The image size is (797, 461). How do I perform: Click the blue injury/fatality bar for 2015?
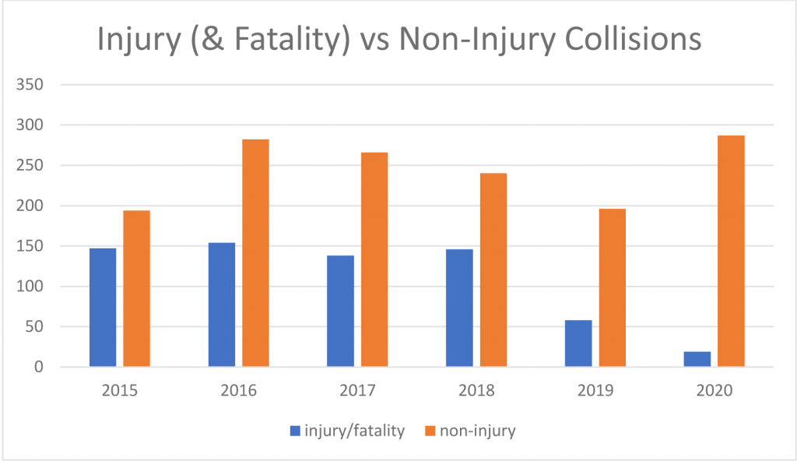(103, 308)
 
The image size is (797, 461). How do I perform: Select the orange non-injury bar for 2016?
(255, 253)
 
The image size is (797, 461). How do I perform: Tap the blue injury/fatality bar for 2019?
(578, 343)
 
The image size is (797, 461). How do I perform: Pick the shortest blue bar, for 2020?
(697, 359)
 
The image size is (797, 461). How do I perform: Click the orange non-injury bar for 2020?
(731, 252)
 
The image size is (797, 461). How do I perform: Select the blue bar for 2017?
(340, 311)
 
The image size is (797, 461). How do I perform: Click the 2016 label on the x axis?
(238, 389)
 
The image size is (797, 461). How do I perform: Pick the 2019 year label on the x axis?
(595, 389)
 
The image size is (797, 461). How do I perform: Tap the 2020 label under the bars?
(714, 389)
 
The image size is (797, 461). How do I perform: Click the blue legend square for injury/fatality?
(294, 431)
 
